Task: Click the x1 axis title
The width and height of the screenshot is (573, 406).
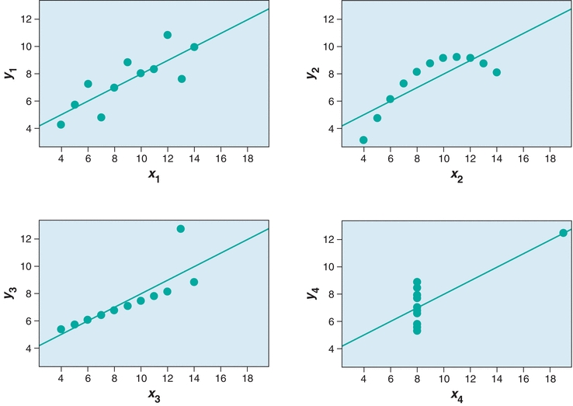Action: pos(155,175)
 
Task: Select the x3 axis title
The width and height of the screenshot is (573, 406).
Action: pos(155,396)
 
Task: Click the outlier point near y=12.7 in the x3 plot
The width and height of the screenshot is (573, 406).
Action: pos(181,229)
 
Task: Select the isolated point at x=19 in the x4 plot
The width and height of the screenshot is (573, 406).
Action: pos(563,233)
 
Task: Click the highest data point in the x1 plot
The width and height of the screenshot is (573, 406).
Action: pos(168,35)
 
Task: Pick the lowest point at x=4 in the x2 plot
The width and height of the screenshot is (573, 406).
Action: pos(363,140)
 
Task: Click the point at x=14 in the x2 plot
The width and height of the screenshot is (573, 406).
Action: pos(497,72)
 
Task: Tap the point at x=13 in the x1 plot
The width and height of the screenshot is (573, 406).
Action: pos(181,78)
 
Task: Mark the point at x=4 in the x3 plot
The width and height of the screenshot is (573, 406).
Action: pos(61,329)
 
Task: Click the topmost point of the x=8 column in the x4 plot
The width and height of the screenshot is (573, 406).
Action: pos(417,283)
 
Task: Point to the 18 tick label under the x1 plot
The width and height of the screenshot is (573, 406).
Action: pos(248,159)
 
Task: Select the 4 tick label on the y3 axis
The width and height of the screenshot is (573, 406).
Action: pos(26,349)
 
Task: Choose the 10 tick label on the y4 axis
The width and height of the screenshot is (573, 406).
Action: pos(328,266)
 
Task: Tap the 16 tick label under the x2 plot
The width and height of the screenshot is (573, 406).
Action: pos(523,159)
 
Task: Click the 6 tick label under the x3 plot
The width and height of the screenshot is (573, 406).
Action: pos(88,380)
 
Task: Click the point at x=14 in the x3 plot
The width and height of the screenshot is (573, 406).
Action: pos(194,282)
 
